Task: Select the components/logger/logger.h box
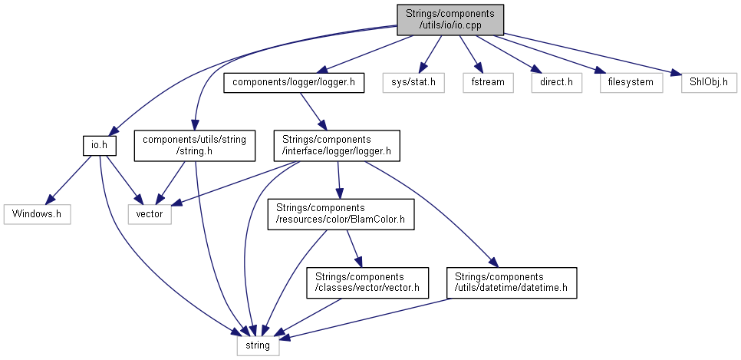click(x=292, y=81)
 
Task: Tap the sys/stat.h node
click(x=414, y=81)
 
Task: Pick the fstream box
click(x=487, y=81)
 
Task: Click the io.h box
click(x=99, y=144)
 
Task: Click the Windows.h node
click(x=37, y=214)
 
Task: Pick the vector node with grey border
click(x=149, y=214)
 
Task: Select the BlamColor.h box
click(x=340, y=214)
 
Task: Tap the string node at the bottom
click(x=258, y=345)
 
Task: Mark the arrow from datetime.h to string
click(x=368, y=318)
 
